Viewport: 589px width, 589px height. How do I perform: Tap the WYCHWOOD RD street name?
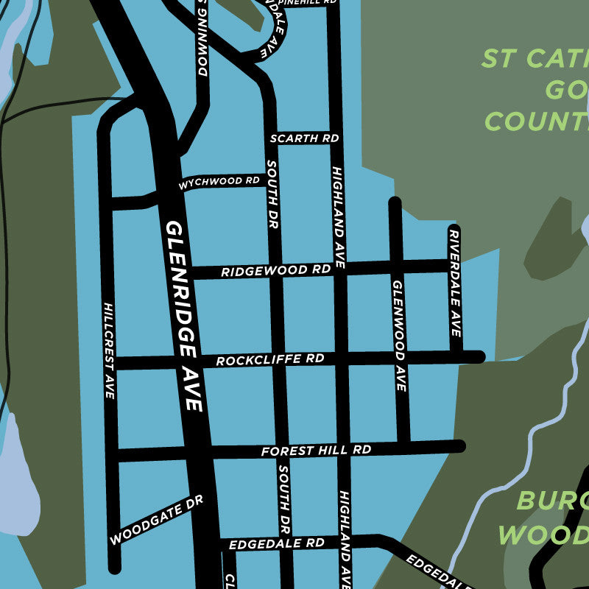point(219,182)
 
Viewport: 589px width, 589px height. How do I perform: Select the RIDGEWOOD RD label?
point(275,271)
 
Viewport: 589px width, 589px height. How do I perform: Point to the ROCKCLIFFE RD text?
point(269,360)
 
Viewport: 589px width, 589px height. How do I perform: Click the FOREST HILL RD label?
point(316,450)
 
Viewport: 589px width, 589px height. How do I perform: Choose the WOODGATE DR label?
point(156,520)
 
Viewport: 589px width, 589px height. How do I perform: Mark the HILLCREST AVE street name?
point(109,350)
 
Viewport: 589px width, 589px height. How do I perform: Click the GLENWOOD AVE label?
point(399,335)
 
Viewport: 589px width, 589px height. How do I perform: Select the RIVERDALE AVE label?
point(454,283)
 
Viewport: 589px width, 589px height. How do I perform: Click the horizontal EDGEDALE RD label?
point(276,544)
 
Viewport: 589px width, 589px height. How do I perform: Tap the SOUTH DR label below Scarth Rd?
point(272,194)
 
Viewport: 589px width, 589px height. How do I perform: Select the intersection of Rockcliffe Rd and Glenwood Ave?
point(400,359)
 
